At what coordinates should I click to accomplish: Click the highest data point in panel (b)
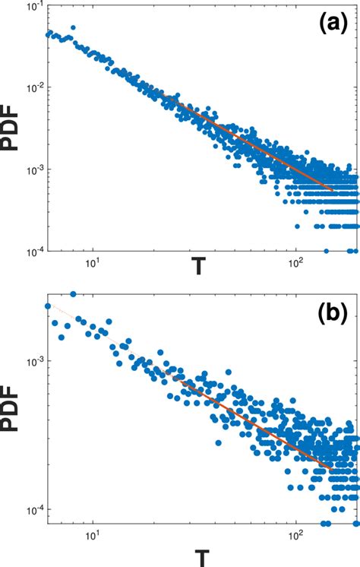(x=73, y=294)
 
